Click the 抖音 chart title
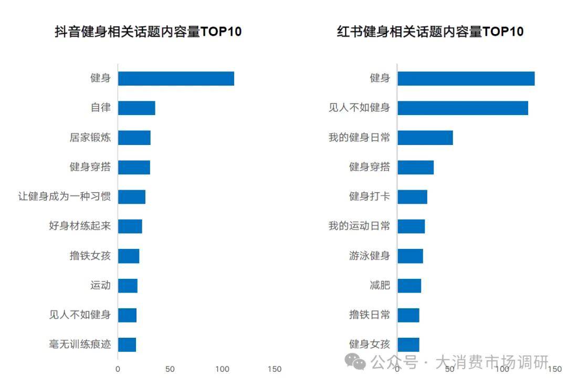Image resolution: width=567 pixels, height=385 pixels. (x=148, y=32)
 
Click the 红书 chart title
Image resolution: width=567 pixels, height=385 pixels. (x=430, y=32)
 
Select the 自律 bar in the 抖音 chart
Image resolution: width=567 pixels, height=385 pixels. (x=136, y=108)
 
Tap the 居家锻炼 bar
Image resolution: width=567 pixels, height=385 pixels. (x=134, y=138)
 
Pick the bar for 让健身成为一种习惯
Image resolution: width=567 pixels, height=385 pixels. (x=131, y=197)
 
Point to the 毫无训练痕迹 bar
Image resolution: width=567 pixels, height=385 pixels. (x=127, y=345)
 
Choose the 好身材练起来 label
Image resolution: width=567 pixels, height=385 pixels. (x=79, y=226)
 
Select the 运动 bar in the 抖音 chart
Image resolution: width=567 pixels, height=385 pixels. (x=128, y=286)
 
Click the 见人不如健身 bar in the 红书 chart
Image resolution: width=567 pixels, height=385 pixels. (x=463, y=108)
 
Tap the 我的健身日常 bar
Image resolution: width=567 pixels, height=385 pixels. (x=425, y=138)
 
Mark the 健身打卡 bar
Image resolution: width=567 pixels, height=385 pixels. (x=412, y=197)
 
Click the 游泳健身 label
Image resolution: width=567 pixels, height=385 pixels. (x=370, y=256)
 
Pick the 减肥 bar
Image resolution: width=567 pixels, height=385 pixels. (x=409, y=286)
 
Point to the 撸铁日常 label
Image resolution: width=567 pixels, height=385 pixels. (x=370, y=315)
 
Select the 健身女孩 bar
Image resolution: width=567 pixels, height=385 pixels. (x=408, y=345)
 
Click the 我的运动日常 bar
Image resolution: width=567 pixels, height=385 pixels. (x=411, y=226)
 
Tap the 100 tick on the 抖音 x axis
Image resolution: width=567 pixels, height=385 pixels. (x=222, y=369)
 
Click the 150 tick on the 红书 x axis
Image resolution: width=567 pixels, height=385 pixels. (x=554, y=369)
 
